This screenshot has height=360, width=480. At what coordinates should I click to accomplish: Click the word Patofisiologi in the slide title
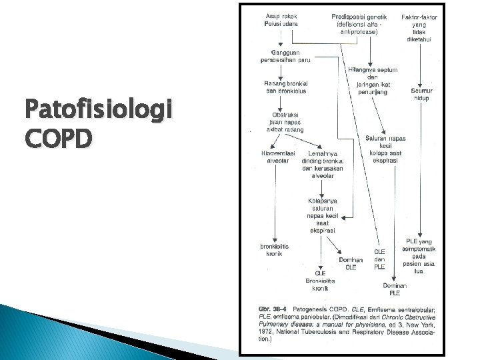pos(97,108)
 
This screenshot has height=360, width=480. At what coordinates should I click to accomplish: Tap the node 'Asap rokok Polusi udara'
pos(282,19)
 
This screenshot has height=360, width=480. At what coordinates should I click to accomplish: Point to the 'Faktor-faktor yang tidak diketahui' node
pos(419,27)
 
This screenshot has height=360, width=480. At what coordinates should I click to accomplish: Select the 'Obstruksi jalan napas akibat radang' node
pos(283,122)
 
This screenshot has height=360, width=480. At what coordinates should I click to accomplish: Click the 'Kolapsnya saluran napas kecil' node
pos(321,215)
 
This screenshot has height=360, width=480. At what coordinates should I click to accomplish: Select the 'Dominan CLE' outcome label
pos(351,263)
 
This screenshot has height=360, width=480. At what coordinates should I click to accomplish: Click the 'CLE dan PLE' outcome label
pos(379,259)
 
